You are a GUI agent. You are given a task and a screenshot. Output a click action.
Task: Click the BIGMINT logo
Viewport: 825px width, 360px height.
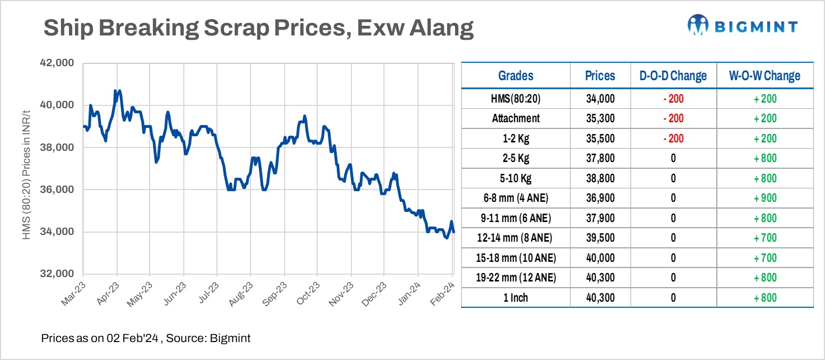coord(742,25)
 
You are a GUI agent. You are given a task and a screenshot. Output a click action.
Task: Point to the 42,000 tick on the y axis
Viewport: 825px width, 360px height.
coord(59,63)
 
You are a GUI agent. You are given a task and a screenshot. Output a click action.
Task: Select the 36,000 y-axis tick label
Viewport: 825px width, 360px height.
coord(59,190)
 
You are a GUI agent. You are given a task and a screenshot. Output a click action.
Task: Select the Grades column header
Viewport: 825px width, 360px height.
coord(516,76)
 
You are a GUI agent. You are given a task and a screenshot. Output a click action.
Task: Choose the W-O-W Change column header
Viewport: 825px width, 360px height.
coord(764,76)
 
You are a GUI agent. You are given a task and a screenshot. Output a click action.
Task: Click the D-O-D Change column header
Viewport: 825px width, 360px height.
coord(673,76)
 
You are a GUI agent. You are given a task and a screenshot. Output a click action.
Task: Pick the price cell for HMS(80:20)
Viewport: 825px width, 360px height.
coord(600,99)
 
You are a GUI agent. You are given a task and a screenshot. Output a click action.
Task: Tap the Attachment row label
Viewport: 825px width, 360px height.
coord(516,118)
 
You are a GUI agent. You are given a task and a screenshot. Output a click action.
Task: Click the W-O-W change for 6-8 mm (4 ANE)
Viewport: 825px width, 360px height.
coord(764,198)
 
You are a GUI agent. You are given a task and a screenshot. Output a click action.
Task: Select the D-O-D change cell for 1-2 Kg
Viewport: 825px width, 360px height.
coord(673,139)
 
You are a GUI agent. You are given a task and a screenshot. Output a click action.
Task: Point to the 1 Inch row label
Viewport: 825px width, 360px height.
coord(516,298)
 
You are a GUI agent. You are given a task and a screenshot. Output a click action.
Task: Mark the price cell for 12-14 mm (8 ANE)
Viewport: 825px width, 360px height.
coord(600,238)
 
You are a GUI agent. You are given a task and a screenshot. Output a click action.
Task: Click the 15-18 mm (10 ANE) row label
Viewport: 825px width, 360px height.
coord(516,258)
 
